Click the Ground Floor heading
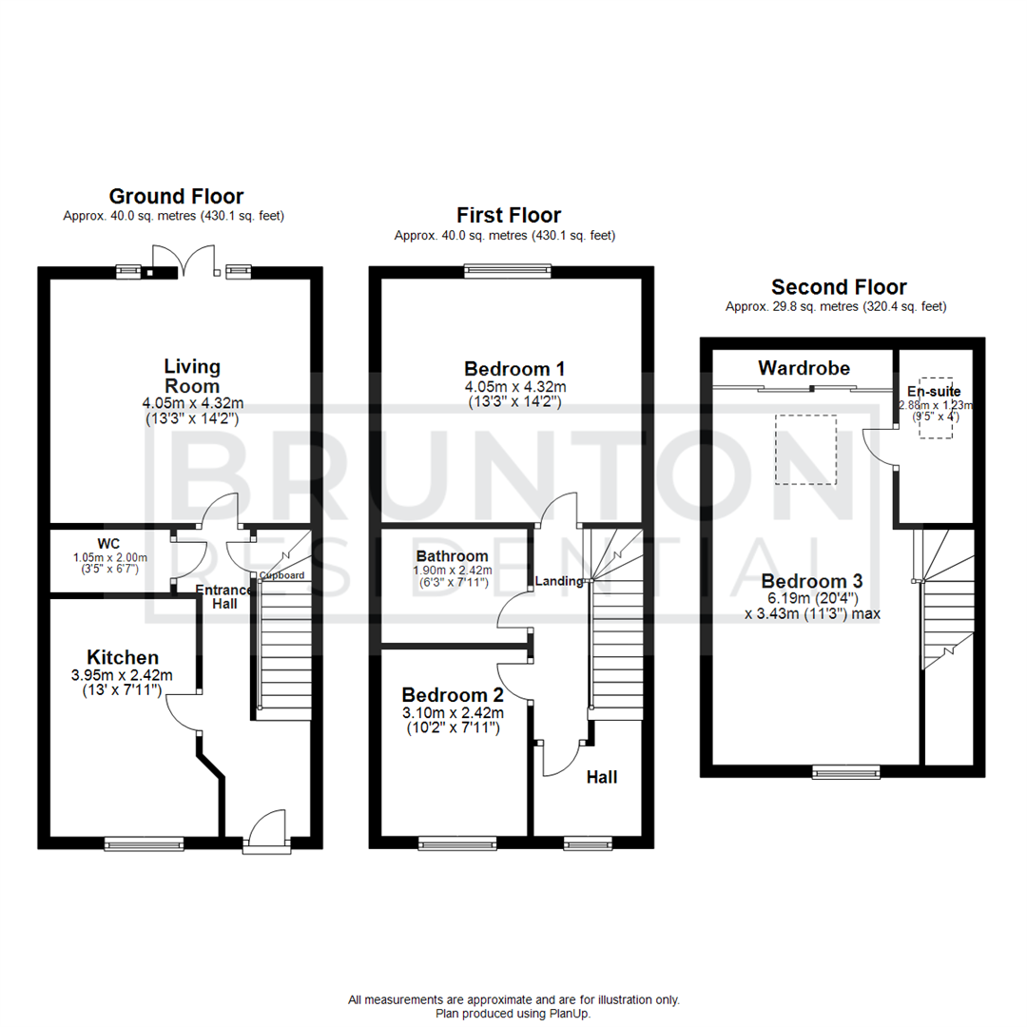tap(176, 197)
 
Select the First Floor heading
tap(509, 216)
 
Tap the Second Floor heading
tap(839, 287)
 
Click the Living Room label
tap(192, 377)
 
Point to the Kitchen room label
tap(123, 657)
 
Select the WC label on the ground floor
tap(108, 544)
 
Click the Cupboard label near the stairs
tap(282, 575)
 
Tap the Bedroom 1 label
tap(508, 369)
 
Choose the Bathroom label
tap(453, 556)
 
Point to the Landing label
tap(559, 581)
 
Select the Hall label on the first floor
tap(601, 777)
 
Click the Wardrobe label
tap(804, 368)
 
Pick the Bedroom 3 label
tap(804, 581)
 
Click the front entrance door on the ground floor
tap(265, 831)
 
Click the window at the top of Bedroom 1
tap(508, 272)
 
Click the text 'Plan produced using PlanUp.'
tap(513, 1014)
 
